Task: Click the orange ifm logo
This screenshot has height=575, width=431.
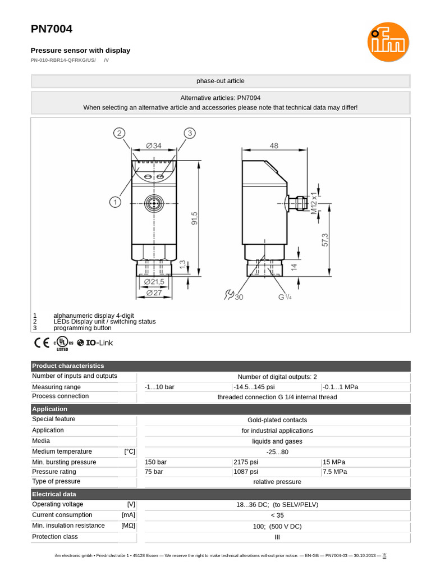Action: (388, 42)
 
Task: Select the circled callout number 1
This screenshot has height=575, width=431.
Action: (115, 202)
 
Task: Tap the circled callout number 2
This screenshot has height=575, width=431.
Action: (118, 133)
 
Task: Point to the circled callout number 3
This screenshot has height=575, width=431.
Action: (190, 133)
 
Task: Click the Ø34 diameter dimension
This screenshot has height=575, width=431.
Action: (154, 145)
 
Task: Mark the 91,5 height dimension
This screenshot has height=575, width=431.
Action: (194, 217)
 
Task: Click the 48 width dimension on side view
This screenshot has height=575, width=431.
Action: (274, 145)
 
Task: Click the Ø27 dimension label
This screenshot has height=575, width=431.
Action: (154, 293)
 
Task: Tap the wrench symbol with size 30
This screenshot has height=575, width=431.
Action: (233, 295)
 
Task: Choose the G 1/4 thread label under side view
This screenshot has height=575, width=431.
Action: (285, 296)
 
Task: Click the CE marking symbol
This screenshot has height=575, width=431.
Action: (42, 343)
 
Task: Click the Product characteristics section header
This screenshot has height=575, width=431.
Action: (68, 366)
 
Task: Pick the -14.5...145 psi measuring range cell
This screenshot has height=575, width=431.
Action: (254, 387)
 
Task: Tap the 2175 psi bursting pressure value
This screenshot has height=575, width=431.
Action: (246, 462)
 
